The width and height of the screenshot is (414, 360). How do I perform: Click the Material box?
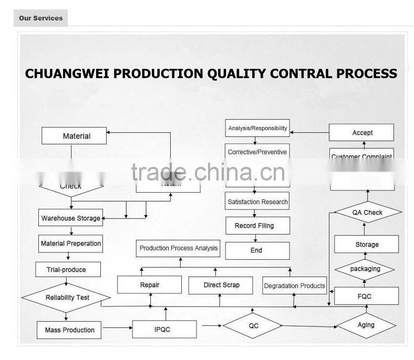(x=74, y=136)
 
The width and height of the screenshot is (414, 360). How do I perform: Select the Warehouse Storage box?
(x=71, y=218)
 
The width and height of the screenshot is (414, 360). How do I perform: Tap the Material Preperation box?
(x=71, y=243)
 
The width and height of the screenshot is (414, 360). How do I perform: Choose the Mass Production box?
(x=70, y=330)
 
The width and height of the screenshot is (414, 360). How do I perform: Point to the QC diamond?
(x=253, y=325)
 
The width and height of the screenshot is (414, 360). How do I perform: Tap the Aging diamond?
(x=366, y=325)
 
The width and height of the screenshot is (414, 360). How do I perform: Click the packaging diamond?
(x=365, y=269)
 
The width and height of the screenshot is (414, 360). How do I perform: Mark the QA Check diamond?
(x=367, y=212)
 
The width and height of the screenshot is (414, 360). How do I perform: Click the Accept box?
(x=361, y=133)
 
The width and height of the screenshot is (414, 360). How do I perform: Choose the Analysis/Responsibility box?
(x=257, y=128)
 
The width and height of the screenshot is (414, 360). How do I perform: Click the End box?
(x=257, y=250)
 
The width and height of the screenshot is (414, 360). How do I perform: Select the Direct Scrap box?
(x=221, y=285)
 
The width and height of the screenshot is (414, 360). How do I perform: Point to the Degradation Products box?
(x=294, y=285)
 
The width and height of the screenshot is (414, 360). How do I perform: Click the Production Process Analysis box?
(x=179, y=248)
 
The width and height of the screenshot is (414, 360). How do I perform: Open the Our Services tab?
(x=40, y=18)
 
